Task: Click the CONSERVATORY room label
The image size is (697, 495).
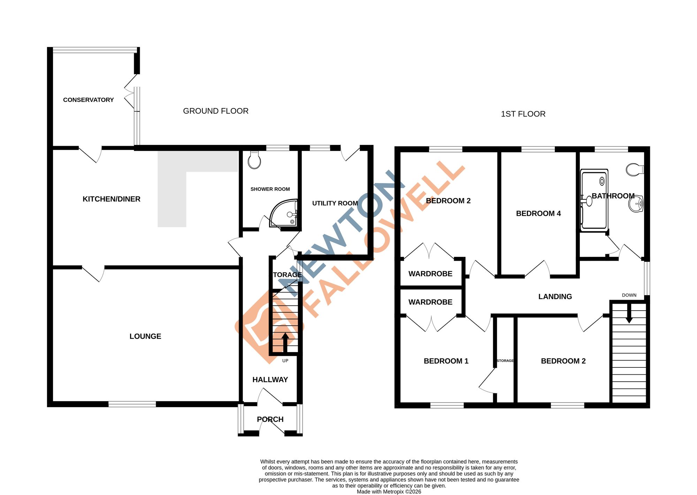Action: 88,100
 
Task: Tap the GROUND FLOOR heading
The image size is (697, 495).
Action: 216,111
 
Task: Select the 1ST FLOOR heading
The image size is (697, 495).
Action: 523,114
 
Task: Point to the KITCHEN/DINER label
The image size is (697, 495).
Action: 112,199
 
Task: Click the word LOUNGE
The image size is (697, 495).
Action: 145,336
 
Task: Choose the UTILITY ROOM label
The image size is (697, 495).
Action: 335,203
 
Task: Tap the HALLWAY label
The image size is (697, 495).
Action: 270,380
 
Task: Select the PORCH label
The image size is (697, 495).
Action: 270,419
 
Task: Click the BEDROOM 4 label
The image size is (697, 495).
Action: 538,213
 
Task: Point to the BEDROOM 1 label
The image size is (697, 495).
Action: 446,361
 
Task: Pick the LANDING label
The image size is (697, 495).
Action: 555,297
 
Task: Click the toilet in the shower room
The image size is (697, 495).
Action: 254,161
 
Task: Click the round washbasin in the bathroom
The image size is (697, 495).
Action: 636,204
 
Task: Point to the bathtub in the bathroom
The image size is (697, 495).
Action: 594,200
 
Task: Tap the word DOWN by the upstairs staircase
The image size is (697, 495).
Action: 629,295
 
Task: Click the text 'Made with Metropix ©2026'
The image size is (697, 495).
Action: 389,492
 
